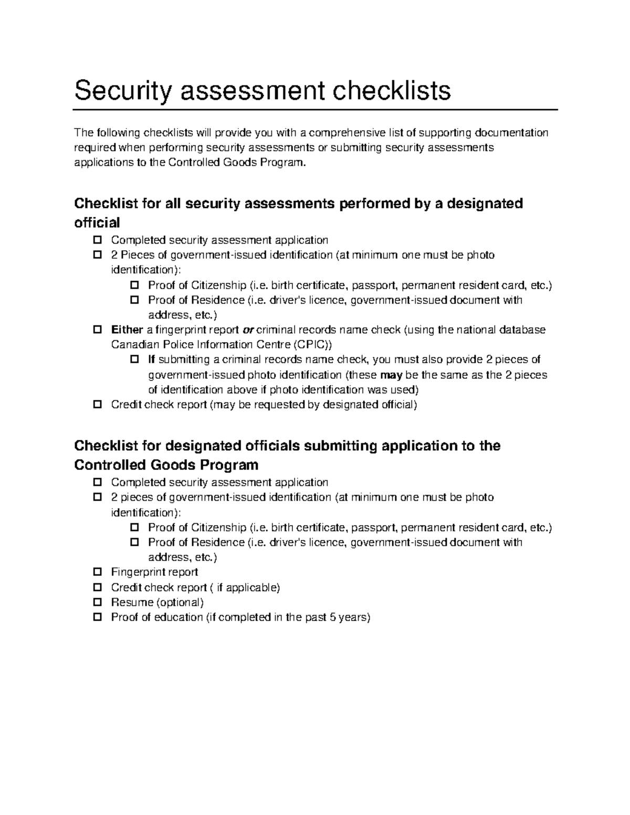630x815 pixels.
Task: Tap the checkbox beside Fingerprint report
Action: pyautogui.click(x=97, y=572)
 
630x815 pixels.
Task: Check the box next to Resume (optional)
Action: pyautogui.click(x=97, y=602)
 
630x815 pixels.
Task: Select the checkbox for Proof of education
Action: pyautogui.click(x=97, y=617)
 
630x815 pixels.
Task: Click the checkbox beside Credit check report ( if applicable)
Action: pyautogui.click(x=97, y=587)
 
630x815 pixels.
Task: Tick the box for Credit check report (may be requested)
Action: pyautogui.click(x=97, y=405)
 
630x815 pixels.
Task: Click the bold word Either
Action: pyautogui.click(x=127, y=330)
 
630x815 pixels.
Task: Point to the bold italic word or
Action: pyautogui.click(x=247, y=330)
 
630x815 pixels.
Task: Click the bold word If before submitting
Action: pyautogui.click(x=152, y=359)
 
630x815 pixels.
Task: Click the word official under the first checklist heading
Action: pyautogui.click(x=97, y=223)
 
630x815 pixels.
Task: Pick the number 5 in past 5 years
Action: pyautogui.click(x=332, y=617)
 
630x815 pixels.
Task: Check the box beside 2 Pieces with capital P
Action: pyautogui.click(x=97, y=255)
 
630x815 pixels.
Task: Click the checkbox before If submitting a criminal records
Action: pyautogui.click(x=134, y=359)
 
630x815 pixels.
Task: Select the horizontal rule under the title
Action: pyautogui.click(x=315, y=110)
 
